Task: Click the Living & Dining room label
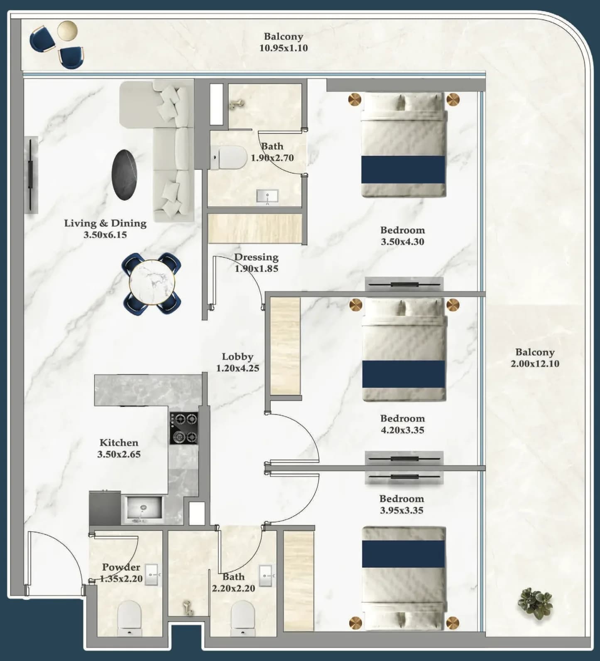point(105,223)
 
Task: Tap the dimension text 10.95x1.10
point(284,48)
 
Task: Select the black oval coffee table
point(124,175)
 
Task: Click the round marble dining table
point(152,283)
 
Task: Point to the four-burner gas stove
point(184,428)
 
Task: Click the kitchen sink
point(144,509)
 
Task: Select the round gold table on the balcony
point(67,31)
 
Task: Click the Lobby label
point(238,356)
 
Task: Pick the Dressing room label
point(256,257)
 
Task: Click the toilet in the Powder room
point(130,618)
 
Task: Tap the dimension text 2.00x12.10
point(535,364)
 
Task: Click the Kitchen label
point(119,442)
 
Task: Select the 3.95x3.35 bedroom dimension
point(402,510)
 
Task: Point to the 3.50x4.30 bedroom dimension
point(402,241)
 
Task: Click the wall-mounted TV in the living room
point(30,174)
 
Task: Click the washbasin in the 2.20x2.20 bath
point(265,576)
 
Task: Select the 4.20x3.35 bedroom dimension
point(402,430)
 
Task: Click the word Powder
point(121,567)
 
